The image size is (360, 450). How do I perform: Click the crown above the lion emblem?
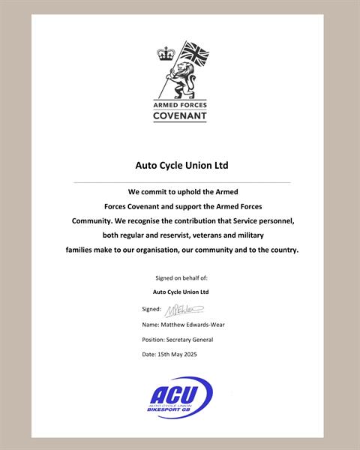(x=165, y=54)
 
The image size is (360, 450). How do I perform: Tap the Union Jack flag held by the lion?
(x=194, y=53)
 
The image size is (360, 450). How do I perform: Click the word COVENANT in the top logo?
(x=180, y=116)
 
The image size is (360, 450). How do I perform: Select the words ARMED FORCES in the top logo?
(x=180, y=105)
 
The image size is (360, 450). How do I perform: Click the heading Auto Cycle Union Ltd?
(x=181, y=164)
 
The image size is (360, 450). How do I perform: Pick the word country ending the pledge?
(x=280, y=250)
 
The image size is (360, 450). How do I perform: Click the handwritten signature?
(x=184, y=308)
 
